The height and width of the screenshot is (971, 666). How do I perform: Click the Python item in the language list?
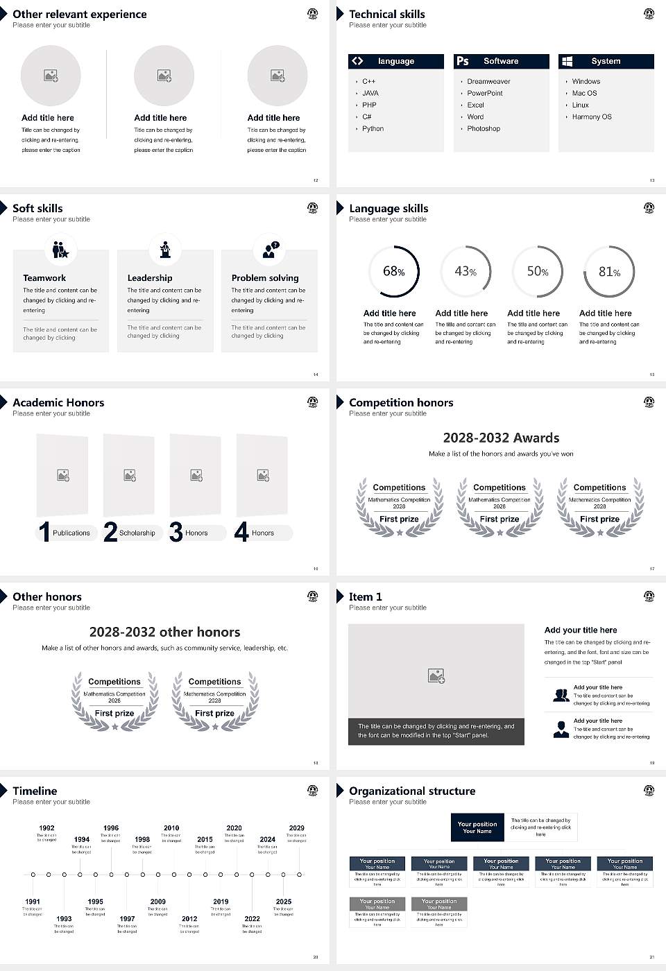pos(373,129)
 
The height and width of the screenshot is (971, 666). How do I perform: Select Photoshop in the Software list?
pos(483,129)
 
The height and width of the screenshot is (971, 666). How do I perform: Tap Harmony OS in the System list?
pos(591,117)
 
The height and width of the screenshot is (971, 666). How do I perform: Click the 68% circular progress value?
pos(393,271)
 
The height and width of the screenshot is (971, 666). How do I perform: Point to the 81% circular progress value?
pos(609,272)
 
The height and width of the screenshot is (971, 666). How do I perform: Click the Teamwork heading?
pos(44,278)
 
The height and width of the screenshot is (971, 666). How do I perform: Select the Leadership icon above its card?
pos(165,249)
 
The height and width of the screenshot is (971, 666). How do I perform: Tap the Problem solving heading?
pos(265,278)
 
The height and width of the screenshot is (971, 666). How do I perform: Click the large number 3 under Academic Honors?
pos(176,532)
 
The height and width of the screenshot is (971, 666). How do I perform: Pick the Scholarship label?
pos(137,533)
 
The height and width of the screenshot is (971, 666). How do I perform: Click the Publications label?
pos(71,533)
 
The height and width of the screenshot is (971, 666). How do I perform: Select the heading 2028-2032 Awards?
pos(501,438)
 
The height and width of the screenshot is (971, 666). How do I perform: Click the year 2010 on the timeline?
pos(171,828)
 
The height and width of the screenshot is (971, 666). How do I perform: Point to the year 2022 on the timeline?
pos(252,918)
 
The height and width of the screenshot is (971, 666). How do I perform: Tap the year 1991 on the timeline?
pos(33,902)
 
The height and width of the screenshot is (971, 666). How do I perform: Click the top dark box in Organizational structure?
pos(477,827)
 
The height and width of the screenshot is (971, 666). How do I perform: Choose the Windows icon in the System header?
pos(567,61)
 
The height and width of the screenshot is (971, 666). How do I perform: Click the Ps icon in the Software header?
pos(463,61)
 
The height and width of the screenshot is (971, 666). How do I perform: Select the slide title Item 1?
pos(365,596)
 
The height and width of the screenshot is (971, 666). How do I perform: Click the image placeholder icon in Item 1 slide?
pos(436,675)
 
